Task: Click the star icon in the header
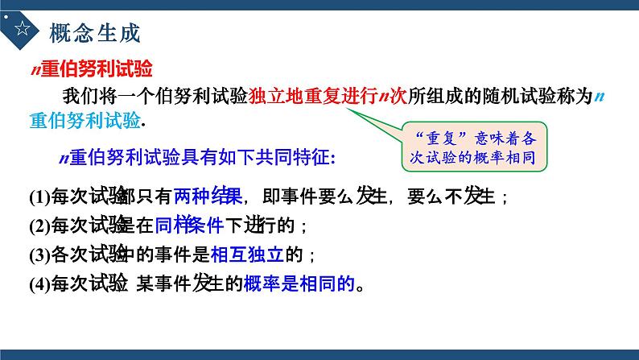[x=22, y=31]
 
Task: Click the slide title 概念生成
[x=94, y=33]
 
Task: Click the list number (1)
[x=39, y=197]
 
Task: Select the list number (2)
[x=39, y=226]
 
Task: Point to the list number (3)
[x=39, y=255]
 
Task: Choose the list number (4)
[x=39, y=284]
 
